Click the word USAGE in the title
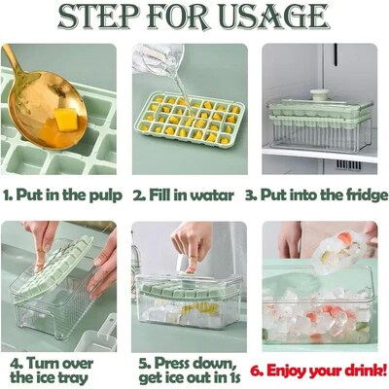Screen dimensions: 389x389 coord(276,18)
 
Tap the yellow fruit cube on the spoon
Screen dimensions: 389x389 coord(64,120)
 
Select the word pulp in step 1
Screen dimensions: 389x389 coord(102,195)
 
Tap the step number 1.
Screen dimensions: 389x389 coord(9,195)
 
